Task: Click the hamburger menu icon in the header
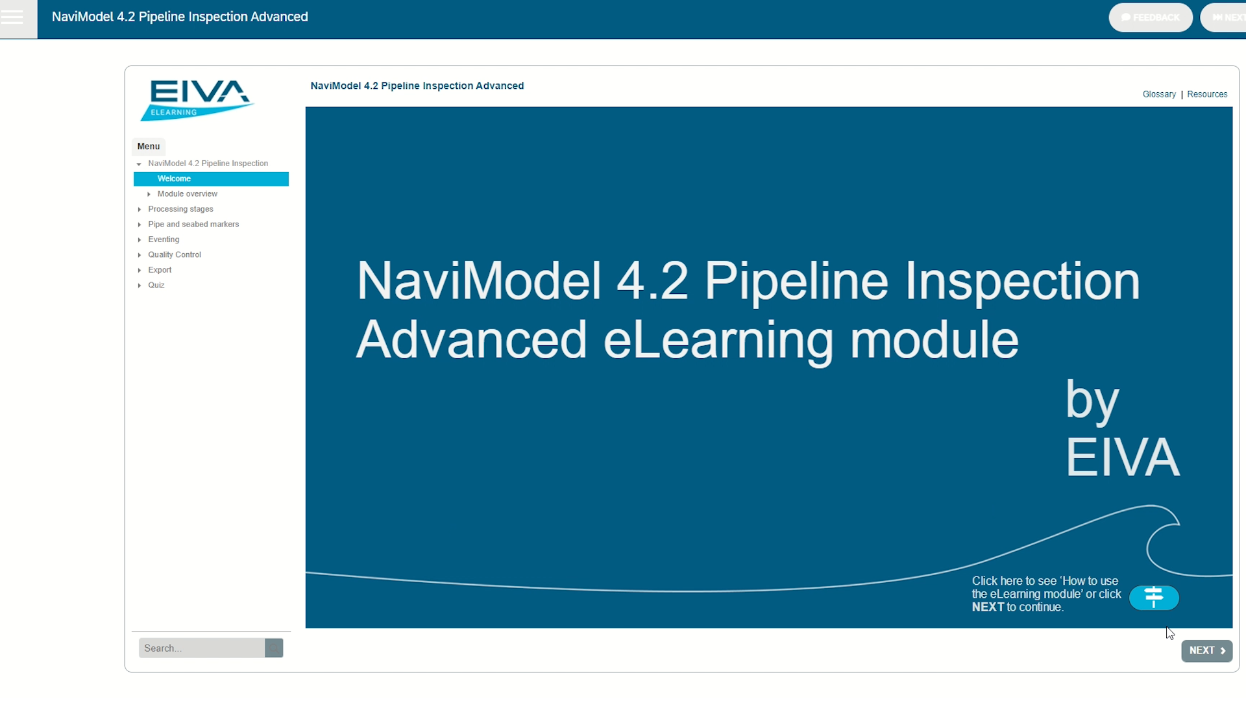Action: [12, 17]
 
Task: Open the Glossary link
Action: [1159, 94]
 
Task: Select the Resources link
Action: [1207, 94]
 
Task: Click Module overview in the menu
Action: [187, 194]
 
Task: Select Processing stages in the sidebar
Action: [180, 209]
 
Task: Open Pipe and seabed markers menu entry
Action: [193, 225]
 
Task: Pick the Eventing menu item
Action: [164, 240]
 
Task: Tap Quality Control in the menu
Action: [175, 255]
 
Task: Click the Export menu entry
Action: [160, 270]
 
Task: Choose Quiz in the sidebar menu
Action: [156, 286]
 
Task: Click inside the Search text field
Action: [201, 648]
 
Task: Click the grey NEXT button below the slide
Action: [1206, 650]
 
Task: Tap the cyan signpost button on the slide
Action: [1154, 597]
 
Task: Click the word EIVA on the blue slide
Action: [1123, 458]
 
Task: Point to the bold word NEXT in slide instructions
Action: [988, 608]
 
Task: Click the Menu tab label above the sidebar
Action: [149, 147]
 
